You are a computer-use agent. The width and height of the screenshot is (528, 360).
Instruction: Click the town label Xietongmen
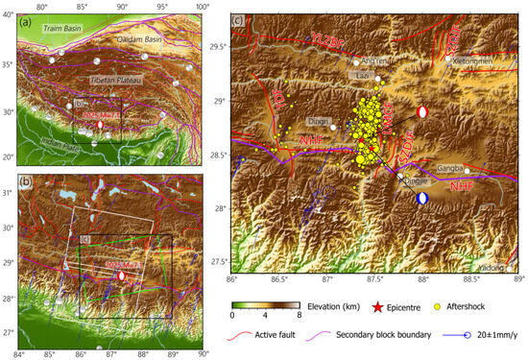tap(472, 60)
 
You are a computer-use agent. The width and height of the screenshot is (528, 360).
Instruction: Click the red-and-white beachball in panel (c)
tap(423, 113)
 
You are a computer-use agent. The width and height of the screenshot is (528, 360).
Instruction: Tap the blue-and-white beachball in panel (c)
tap(423, 199)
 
